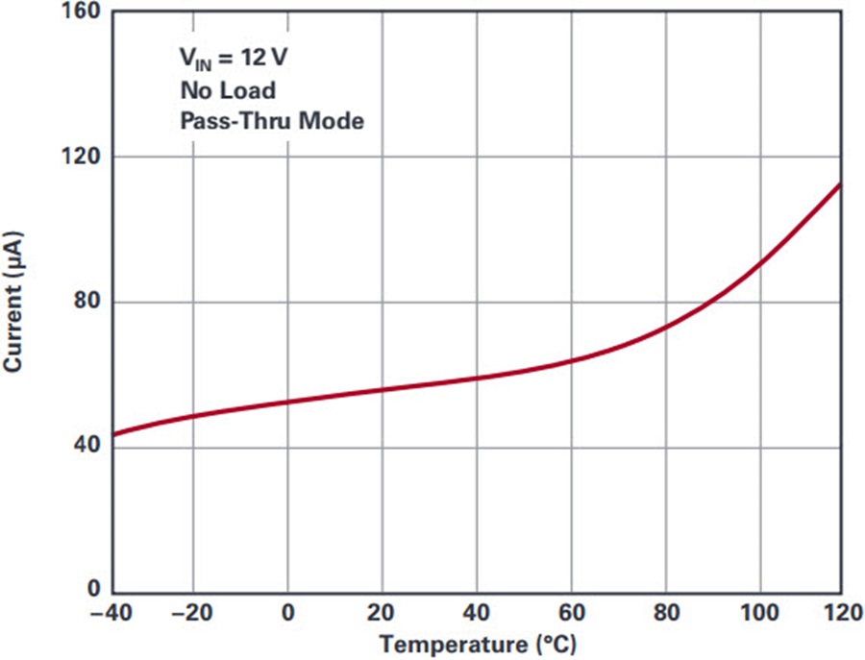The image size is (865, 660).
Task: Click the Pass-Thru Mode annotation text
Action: [271, 122]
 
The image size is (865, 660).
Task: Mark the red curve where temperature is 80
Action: [666, 327]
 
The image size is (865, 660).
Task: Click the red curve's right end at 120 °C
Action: [841, 183]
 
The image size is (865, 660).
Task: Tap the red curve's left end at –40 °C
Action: [114, 434]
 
